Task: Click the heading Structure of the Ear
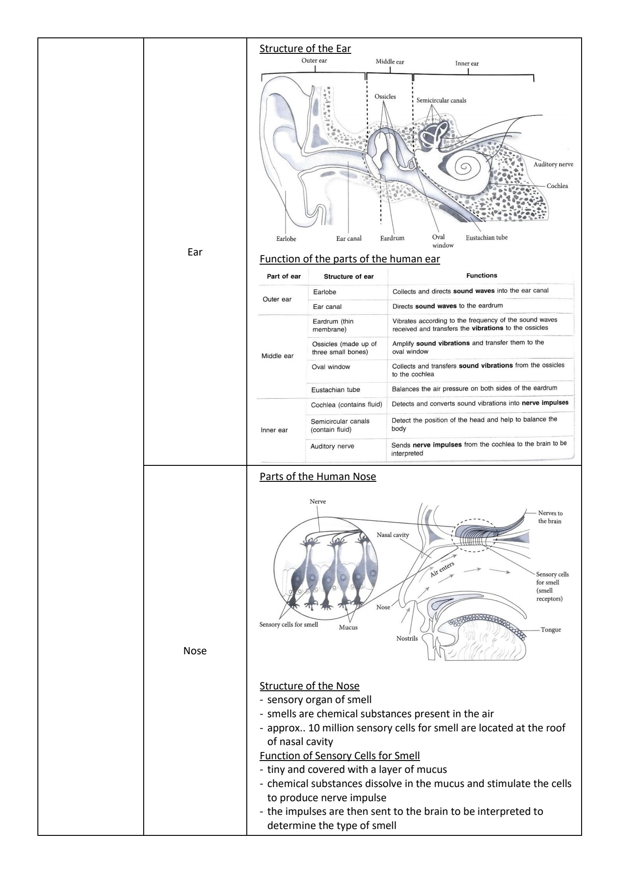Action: click(305, 49)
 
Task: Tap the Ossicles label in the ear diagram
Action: click(385, 97)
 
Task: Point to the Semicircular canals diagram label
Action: click(441, 100)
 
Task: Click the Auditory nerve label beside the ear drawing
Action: click(553, 164)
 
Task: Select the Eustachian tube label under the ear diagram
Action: click(486, 238)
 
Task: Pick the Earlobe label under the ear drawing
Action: click(286, 239)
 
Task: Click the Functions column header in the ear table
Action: click(481, 276)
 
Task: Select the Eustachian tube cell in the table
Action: click(335, 390)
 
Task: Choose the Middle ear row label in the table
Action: click(277, 356)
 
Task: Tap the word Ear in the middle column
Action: click(195, 252)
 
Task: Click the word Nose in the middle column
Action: click(195, 651)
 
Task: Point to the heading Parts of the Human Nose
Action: click(317, 477)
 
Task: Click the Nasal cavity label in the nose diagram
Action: click(393, 535)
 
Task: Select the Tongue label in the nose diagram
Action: click(551, 630)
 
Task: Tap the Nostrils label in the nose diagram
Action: click(407, 638)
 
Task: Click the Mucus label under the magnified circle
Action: click(348, 627)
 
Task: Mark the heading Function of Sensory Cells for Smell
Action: click(339, 756)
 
